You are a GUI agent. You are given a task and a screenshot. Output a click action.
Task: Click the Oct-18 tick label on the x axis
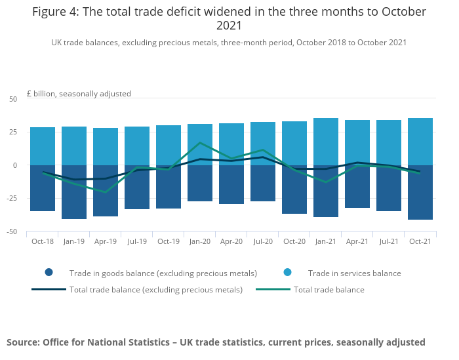[43, 241]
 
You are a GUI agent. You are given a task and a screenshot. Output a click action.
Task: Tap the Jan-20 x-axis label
[200, 241]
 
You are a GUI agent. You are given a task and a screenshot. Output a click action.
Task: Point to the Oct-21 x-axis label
[420, 241]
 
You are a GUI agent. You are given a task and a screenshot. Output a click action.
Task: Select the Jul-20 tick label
[263, 241]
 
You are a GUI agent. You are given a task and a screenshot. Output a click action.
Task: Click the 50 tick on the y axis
[13, 99]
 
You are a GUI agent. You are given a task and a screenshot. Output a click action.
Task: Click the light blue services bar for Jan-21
[326, 141]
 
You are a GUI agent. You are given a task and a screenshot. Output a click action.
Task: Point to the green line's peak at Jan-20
[200, 142]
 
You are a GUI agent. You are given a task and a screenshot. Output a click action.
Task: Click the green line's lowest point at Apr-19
[106, 192]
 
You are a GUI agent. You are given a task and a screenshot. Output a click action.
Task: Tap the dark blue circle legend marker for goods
[49, 273]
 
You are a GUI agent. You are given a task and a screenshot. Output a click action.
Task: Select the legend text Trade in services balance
[354, 273]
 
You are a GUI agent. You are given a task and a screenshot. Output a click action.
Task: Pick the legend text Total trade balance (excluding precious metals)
[156, 289]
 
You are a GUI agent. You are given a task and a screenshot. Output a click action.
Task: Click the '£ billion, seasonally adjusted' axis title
[79, 94]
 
